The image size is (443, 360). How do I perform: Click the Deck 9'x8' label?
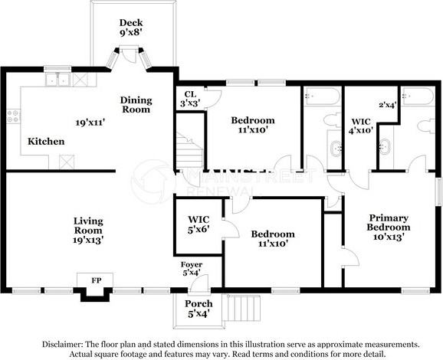131,28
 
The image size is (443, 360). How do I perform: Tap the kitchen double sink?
58,80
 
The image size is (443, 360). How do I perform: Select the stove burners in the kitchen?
13,116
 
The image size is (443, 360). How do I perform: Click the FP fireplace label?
96,280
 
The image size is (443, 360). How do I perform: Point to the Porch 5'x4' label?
199,309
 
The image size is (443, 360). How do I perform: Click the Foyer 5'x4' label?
192,269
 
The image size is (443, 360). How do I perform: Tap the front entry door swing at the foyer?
199,283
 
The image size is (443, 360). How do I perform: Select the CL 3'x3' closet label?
190,99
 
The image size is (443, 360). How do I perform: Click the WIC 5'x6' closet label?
199,224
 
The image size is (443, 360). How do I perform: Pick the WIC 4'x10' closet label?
361,126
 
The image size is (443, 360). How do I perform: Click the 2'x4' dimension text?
388,105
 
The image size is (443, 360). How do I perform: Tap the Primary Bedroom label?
389,222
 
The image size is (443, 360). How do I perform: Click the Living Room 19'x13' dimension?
88,240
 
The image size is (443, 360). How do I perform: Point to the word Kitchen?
46,141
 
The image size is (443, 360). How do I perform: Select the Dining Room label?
136,105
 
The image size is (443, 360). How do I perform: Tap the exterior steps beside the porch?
241,308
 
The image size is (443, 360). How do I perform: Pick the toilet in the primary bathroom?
426,126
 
